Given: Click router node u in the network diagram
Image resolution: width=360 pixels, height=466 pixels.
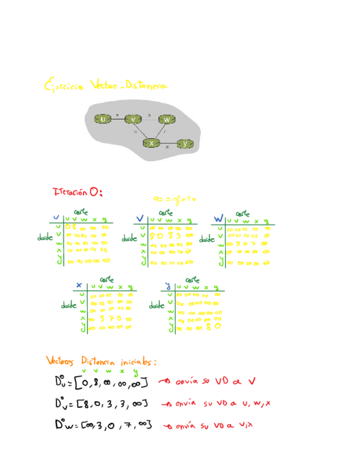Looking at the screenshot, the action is pos(103,118).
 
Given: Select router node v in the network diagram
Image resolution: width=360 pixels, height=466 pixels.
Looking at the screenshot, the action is pos(134,118).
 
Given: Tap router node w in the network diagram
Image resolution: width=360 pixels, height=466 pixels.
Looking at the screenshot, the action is pos(166,119).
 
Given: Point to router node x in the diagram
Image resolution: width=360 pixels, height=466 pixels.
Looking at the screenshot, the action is pos(151,143).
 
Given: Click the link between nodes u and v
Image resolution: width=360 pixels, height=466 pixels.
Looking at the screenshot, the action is pos(118,118).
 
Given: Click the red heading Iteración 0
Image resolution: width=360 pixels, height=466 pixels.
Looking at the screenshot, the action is pos(77,192).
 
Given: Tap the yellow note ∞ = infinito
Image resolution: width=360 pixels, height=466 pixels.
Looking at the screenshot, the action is pos(175,199).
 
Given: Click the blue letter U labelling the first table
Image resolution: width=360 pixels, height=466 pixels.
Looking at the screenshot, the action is pos(56,218).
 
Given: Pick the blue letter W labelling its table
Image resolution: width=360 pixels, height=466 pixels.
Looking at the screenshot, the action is pos(218,219).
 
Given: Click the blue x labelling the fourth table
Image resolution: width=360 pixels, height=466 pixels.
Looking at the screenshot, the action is pos(80,286).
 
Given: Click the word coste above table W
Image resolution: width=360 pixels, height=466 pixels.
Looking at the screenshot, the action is pos(242,213).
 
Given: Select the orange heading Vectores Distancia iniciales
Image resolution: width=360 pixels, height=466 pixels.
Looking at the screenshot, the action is pos(102,362).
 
